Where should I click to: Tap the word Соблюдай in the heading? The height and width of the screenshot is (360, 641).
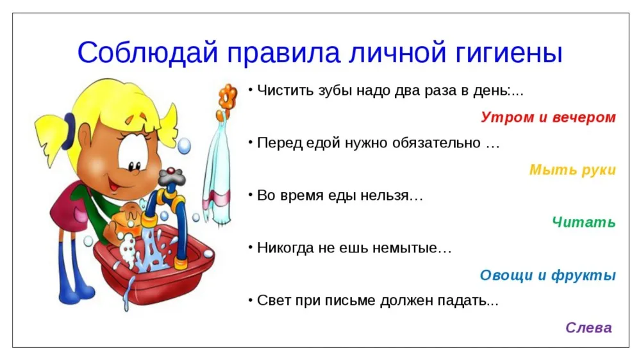147,52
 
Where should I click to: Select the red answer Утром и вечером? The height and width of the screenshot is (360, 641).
548,117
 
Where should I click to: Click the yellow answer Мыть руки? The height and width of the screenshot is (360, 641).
572,170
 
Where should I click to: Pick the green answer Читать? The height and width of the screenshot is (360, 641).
584,222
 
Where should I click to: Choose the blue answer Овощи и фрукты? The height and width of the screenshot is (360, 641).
548,275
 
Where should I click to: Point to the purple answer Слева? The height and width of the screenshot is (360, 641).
588,328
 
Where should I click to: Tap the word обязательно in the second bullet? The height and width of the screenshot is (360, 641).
436,143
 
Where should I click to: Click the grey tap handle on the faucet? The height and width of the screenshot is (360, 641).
172,176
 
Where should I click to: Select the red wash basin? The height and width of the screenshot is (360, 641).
153,266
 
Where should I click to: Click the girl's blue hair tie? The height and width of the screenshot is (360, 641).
70,131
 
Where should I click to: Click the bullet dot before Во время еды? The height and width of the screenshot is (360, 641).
250,193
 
